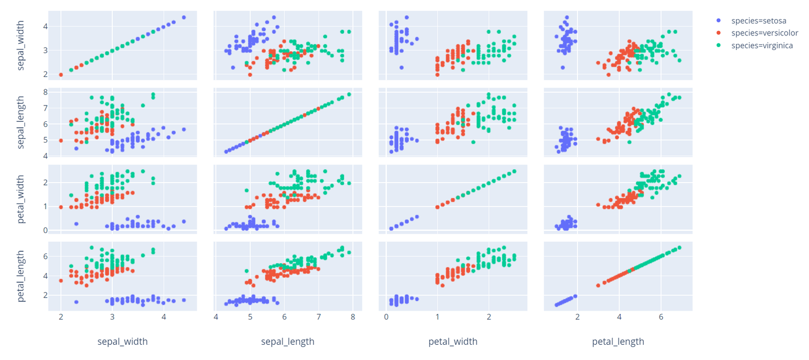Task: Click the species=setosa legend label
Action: (758, 21)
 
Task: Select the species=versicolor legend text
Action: (764, 33)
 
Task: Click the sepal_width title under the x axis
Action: (122, 341)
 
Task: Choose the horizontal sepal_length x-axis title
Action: (287, 341)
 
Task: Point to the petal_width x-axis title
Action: (453, 341)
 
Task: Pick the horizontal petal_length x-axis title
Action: (618, 341)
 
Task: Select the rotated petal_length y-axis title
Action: (21, 277)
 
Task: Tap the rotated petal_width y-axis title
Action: (21, 200)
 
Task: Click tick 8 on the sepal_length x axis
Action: (352, 317)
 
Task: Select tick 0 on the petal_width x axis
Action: (386, 317)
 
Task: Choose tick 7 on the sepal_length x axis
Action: (319, 317)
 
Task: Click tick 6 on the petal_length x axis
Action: (661, 317)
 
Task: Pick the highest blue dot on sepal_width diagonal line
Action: (184, 17)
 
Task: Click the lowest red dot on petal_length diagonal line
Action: (598, 285)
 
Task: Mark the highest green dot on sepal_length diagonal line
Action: (349, 94)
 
